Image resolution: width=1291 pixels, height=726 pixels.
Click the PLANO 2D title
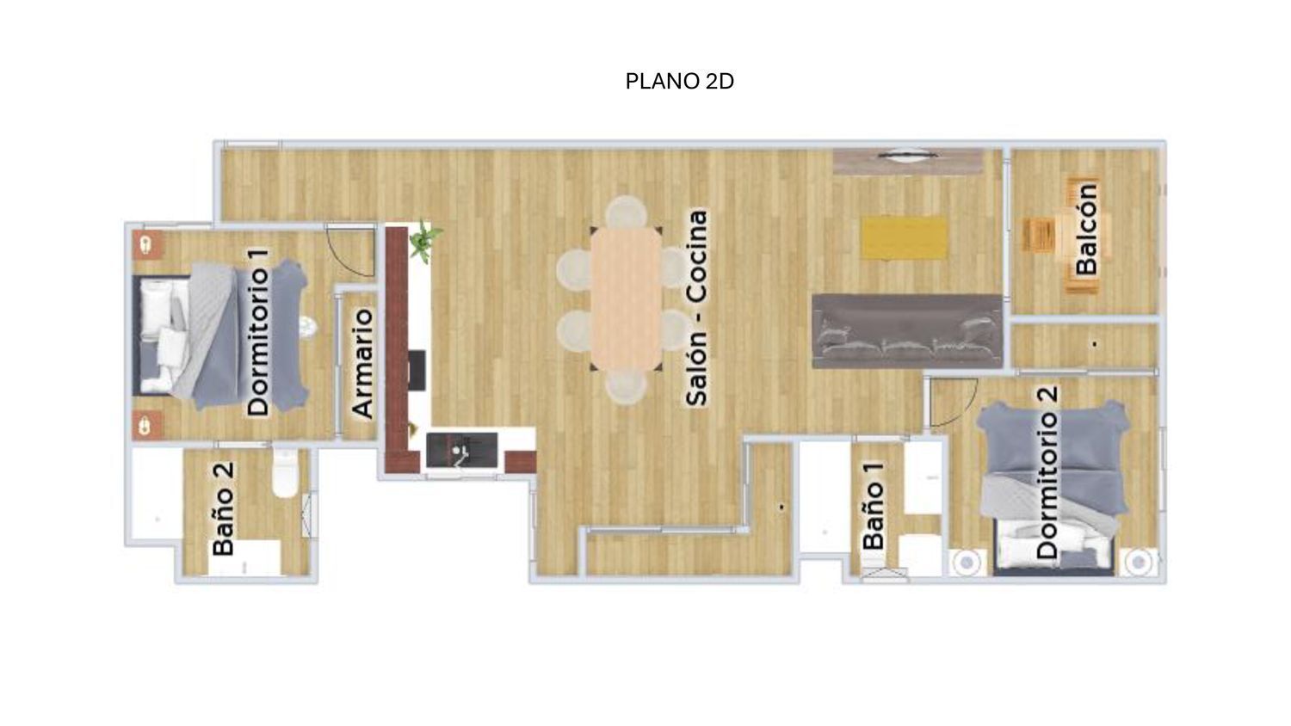680,81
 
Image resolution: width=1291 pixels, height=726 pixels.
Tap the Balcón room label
1086,229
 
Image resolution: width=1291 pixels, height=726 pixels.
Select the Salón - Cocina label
696,308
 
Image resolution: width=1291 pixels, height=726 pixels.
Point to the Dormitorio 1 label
257,332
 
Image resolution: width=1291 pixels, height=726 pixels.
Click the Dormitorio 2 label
1047,472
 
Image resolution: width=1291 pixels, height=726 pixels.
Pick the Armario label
362,363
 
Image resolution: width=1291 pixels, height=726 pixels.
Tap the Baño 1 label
874,506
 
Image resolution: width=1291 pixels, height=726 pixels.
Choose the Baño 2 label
222,508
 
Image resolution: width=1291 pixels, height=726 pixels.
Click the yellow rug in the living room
905,238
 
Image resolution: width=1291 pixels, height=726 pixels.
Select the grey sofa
907,331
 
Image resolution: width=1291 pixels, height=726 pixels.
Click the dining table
626,298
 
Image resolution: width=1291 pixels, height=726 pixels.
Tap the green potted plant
425,241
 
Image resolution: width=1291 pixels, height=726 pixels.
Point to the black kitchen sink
461,450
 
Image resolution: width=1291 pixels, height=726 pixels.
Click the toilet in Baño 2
285,474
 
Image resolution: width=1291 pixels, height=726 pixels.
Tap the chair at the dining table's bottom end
627,386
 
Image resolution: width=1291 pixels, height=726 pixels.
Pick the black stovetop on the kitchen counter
417,370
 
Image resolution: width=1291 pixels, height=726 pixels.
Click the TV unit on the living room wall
908,160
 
